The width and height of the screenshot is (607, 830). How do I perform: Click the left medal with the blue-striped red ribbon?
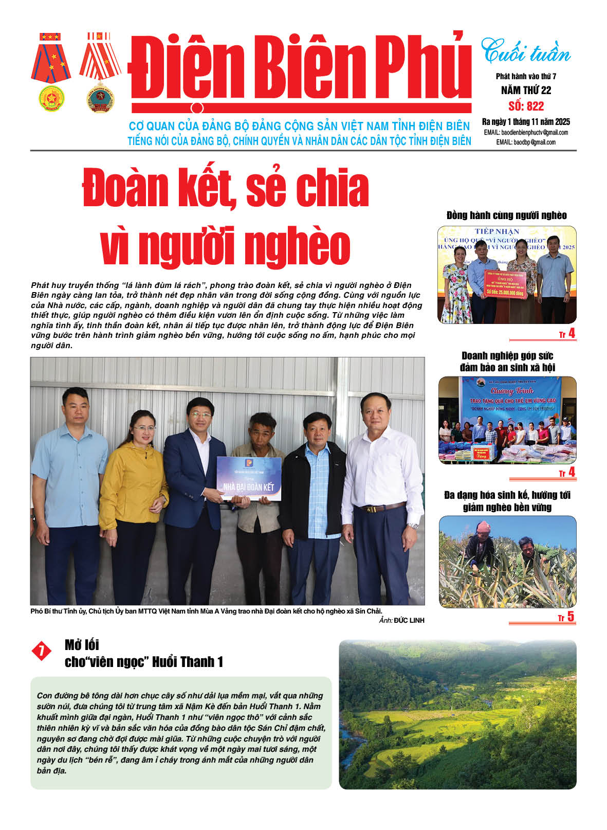(x=51, y=72)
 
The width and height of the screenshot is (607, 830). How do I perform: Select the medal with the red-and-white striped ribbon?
(x=100, y=72)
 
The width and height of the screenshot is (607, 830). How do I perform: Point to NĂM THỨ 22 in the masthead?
(x=526, y=91)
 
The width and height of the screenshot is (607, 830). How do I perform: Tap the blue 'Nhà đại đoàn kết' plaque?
(x=248, y=479)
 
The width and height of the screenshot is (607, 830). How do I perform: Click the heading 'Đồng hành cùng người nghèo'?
(x=506, y=215)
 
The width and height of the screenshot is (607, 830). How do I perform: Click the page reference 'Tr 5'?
(x=566, y=617)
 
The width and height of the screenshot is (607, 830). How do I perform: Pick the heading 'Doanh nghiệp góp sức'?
(x=507, y=355)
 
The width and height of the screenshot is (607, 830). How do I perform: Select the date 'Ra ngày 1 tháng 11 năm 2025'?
(x=526, y=122)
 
